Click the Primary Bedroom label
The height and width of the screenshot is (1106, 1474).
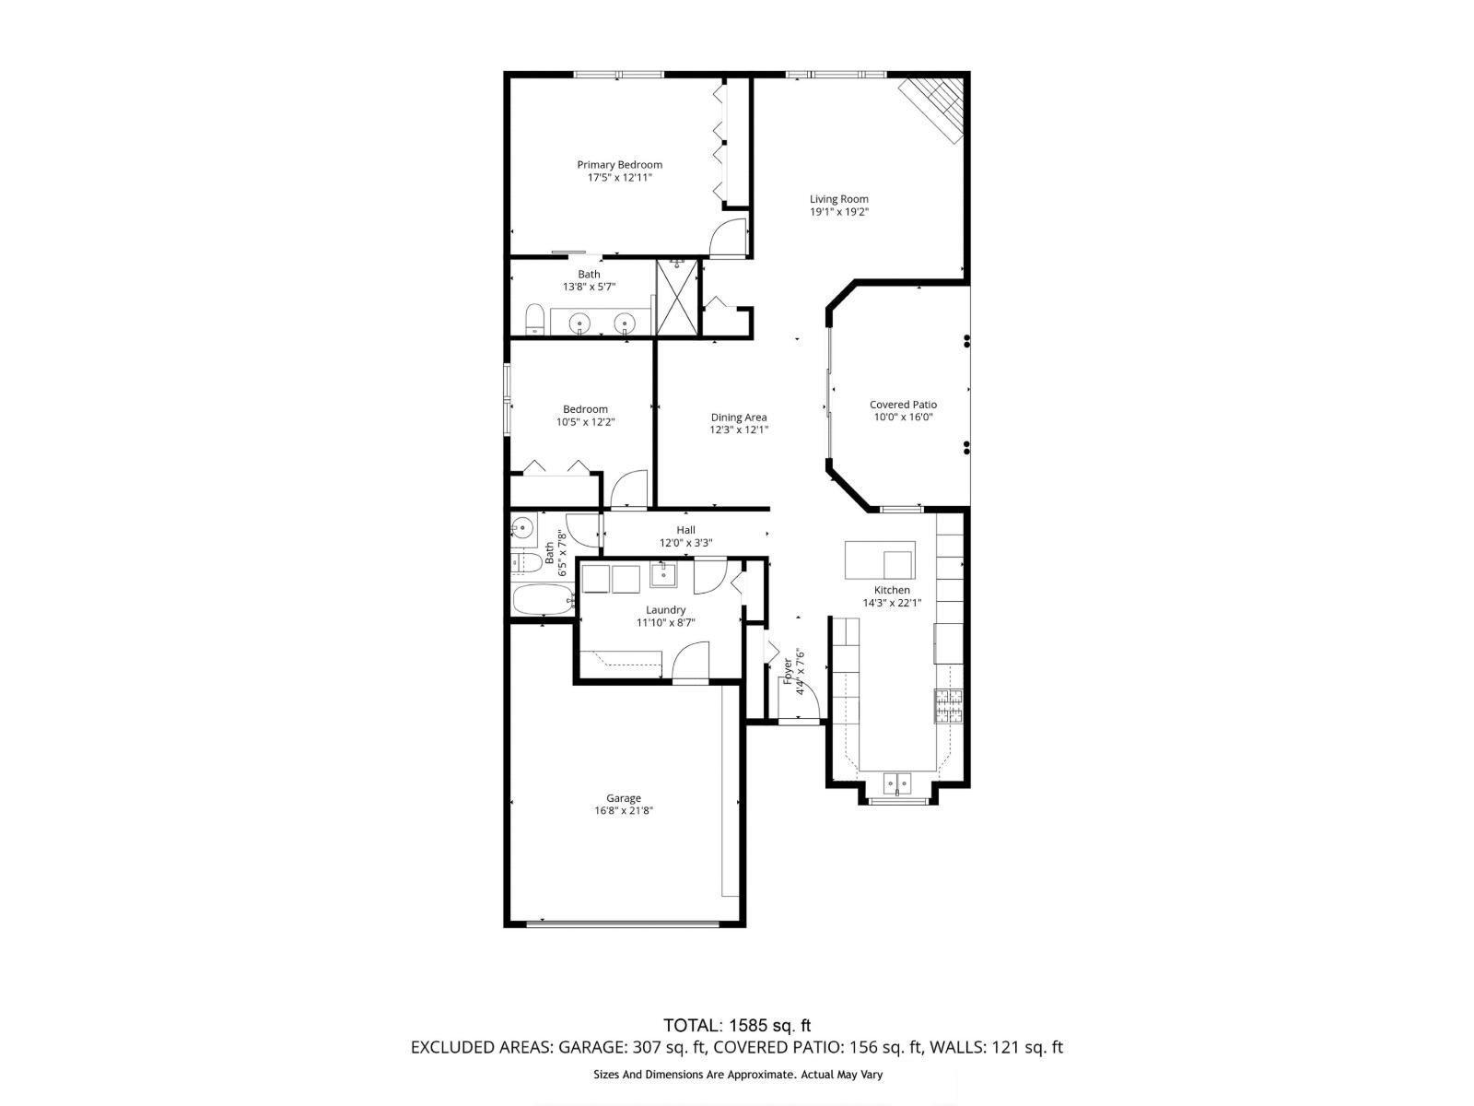(x=619, y=165)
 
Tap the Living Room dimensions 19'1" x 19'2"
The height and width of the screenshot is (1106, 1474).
(x=838, y=212)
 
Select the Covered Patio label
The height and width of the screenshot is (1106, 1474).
(x=903, y=405)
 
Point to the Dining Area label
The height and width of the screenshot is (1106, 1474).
(x=739, y=418)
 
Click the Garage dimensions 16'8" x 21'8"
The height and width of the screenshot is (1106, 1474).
(x=623, y=810)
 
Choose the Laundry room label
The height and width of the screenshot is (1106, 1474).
(x=665, y=610)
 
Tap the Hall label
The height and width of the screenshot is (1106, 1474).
(x=685, y=530)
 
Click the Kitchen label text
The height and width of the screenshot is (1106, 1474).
(x=892, y=590)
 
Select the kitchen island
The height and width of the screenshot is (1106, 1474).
(x=880, y=560)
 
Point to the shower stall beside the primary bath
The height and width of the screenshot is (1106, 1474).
(x=677, y=297)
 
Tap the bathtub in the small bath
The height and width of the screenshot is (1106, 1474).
(x=544, y=599)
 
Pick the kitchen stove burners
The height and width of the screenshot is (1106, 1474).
(x=948, y=706)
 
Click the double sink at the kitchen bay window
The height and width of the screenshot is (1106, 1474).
(x=897, y=783)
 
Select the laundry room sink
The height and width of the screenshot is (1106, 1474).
(x=663, y=575)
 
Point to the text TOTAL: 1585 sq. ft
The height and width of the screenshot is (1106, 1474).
(x=737, y=1026)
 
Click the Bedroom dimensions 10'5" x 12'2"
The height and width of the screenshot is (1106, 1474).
(x=586, y=422)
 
